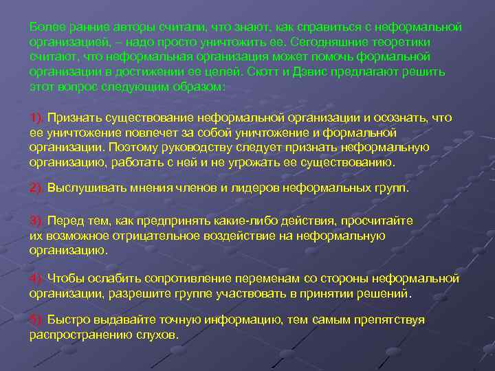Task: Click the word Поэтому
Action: (135, 147)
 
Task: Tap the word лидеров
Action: (250, 188)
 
